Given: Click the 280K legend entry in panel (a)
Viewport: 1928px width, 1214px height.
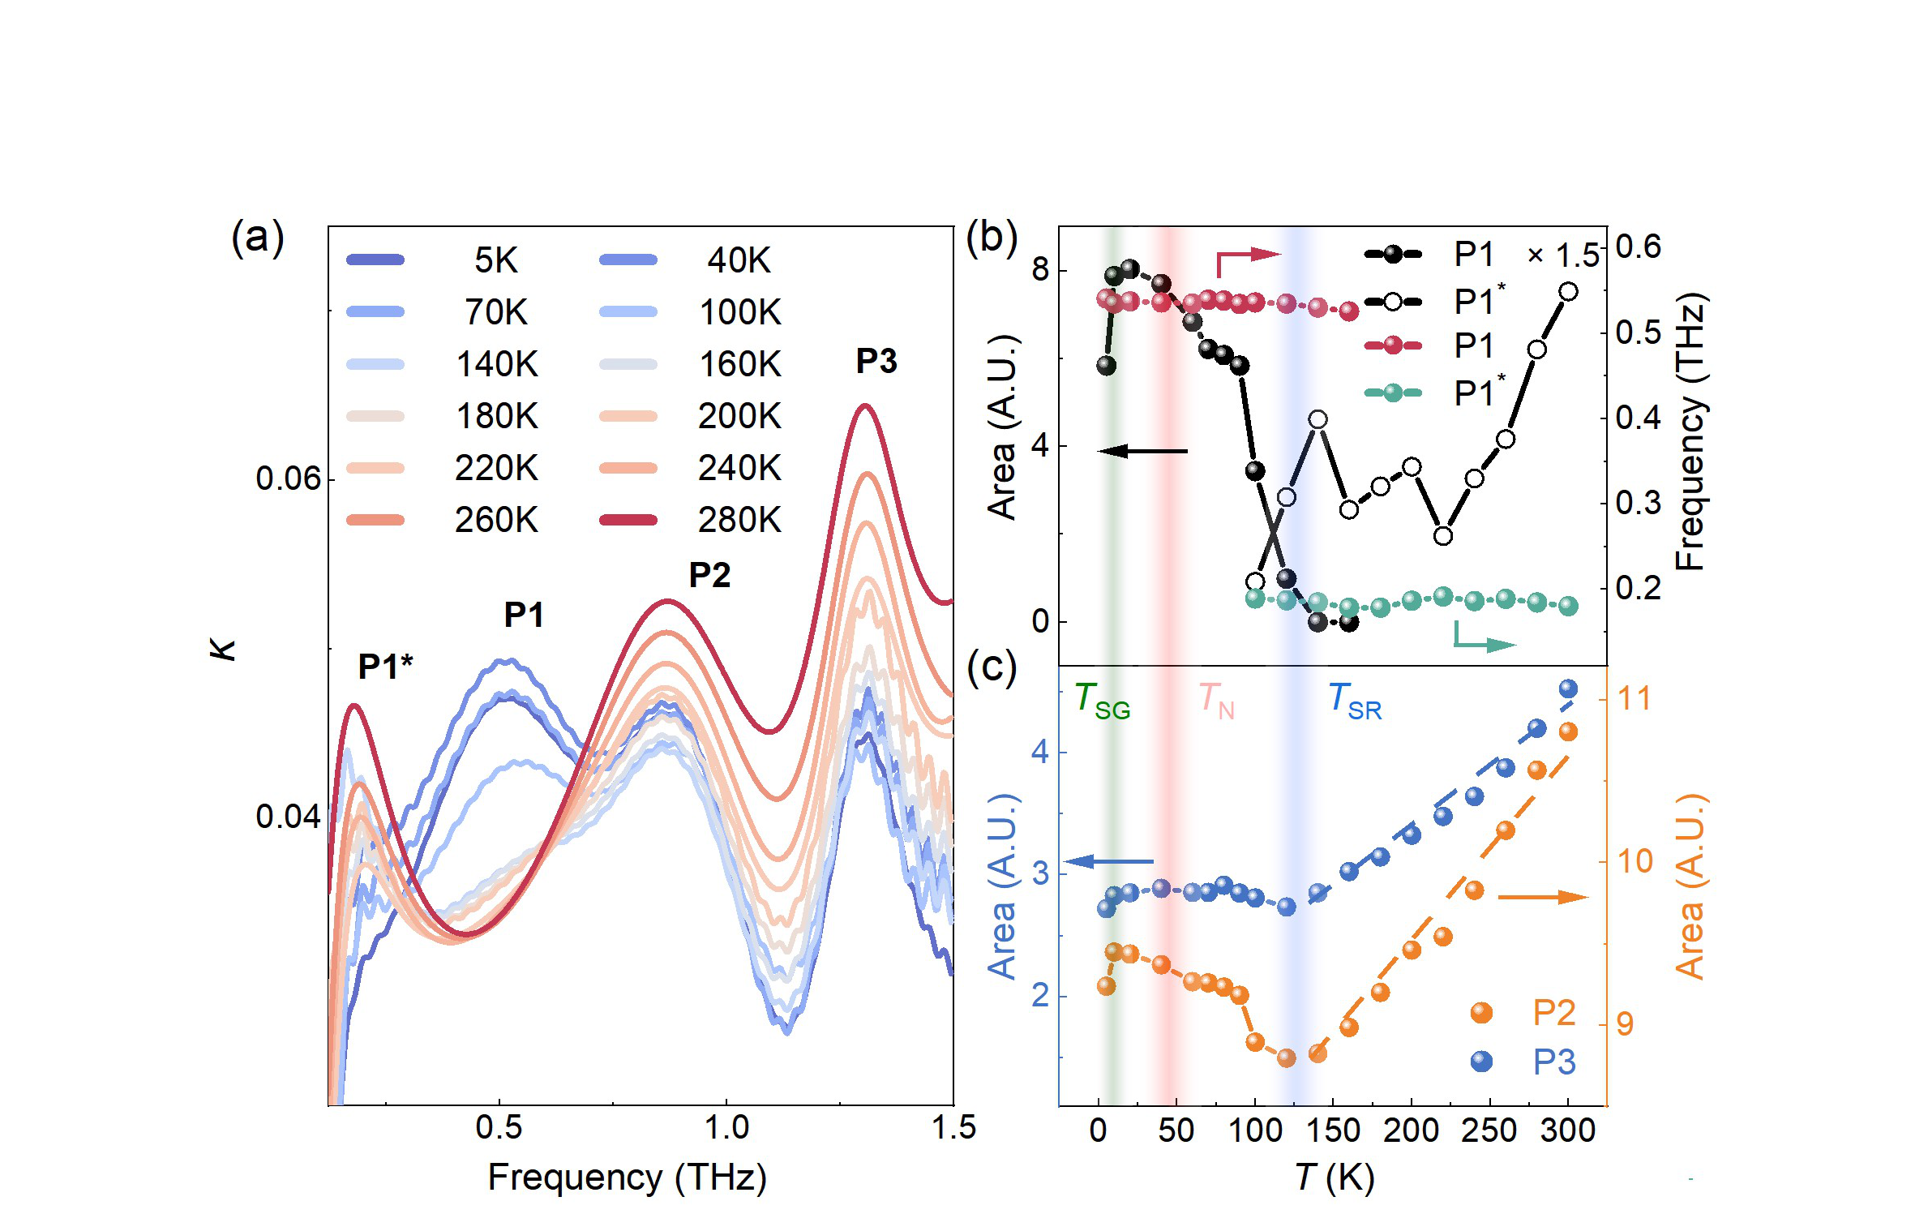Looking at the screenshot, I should pyautogui.click(x=739, y=520).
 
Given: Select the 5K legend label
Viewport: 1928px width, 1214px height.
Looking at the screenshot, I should pyautogui.click(x=495, y=260).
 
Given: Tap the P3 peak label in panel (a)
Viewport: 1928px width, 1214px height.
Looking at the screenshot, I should pyautogui.click(x=876, y=361).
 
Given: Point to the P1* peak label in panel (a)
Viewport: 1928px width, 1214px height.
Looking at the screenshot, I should pyautogui.click(x=385, y=667).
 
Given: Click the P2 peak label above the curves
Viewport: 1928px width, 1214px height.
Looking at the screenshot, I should pyautogui.click(x=709, y=575).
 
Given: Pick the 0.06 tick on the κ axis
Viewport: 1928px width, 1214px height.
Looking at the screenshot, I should pyautogui.click(x=288, y=478).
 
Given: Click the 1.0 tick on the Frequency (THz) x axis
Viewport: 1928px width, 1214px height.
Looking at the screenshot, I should pyautogui.click(x=726, y=1128).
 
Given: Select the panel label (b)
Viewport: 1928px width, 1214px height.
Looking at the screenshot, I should pyautogui.click(x=991, y=238).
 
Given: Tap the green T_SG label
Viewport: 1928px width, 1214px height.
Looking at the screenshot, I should pyautogui.click(x=1101, y=700).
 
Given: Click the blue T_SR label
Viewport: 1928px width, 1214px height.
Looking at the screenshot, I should pyautogui.click(x=1354, y=700).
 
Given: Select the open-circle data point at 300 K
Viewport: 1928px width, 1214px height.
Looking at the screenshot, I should pyautogui.click(x=1568, y=292).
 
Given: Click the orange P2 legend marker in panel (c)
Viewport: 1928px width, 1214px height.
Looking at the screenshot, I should pyautogui.click(x=1481, y=1012).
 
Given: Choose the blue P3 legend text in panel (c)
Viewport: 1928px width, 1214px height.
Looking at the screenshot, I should pyautogui.click(x=1553, y=1062).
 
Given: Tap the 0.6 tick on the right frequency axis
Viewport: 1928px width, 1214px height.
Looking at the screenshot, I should pyautogui.click(x=1638, y=247).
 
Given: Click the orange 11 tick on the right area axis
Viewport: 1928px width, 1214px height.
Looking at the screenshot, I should pyautogui.click(x=1633, y=698).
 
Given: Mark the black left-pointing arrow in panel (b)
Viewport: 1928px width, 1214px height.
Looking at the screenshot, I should pyautogui.click(x=1142, y=451).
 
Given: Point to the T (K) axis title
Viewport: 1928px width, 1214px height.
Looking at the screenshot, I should pyautogui.click(x=1334, y=1178).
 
